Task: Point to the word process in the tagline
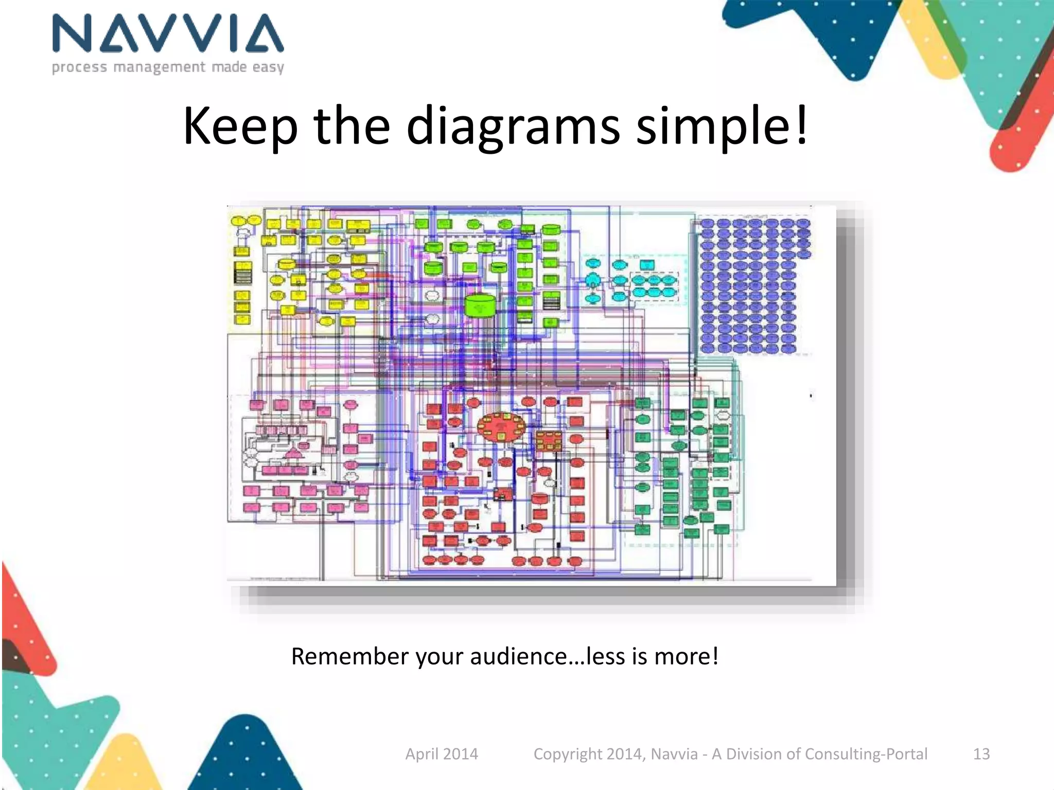80,67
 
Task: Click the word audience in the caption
519,656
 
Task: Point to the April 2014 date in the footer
442,753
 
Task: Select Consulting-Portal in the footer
866,753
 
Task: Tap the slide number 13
981,753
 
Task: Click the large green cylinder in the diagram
480,306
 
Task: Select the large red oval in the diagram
501,427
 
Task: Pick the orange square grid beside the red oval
549,441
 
